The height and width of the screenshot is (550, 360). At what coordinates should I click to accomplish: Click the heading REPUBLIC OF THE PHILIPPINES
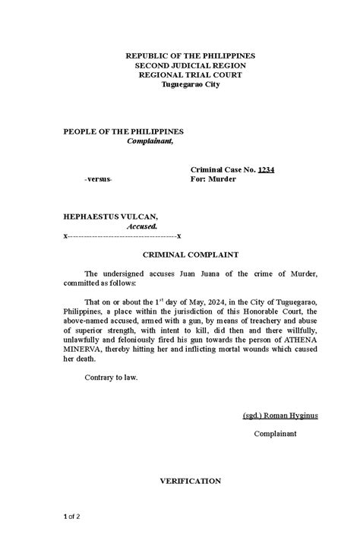[191, 56]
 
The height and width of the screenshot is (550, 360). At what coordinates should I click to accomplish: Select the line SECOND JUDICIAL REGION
[190, 65]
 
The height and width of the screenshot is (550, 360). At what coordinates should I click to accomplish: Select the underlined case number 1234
[266, 169]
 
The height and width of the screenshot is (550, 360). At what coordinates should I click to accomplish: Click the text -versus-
[98, 179]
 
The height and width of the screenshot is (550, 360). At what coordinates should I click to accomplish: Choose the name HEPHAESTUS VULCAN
[110, 217]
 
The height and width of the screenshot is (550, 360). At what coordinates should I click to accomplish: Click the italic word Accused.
[142, 226]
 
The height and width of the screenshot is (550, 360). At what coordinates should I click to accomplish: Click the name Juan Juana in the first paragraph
[197, 273]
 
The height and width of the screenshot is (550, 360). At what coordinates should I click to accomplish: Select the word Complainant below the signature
[274, 435]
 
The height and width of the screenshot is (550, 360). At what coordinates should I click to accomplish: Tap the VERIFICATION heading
[190, 481]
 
